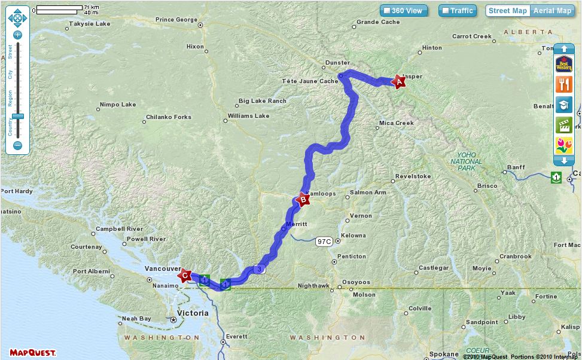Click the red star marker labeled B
coord(303,200)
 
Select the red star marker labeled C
coord(185,276)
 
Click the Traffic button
coord(457,11)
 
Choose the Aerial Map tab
coord(552,11)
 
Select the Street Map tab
coord(507,11)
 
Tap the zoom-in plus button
coord(17,35)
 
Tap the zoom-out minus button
coord(17,145)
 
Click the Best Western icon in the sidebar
coord(563,63)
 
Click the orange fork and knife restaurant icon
coord(563,84)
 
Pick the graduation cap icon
coord(563,105)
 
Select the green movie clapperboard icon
coord(563,125)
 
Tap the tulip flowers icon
coord(563,145)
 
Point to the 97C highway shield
coord(324,242)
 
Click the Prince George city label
coord(176,20)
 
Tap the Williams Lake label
coord(248,116)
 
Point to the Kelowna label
coord(353,236)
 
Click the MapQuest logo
coord(33,352)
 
